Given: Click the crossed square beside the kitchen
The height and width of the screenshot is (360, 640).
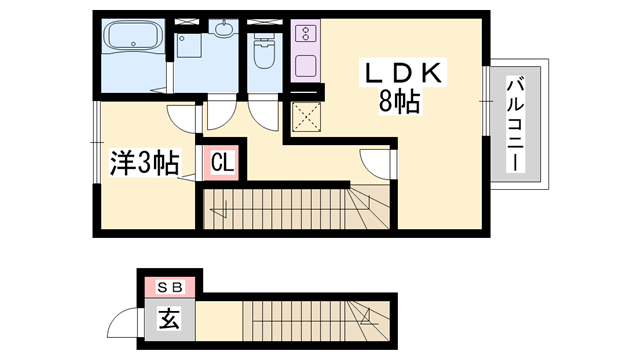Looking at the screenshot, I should pyautogui.click(x=306, y=118).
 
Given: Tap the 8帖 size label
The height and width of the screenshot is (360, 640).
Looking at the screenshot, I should pyautogui.click(x=398, y=100).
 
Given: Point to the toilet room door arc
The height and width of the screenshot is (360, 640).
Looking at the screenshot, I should pyautogui.click(x=264, y=114).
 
